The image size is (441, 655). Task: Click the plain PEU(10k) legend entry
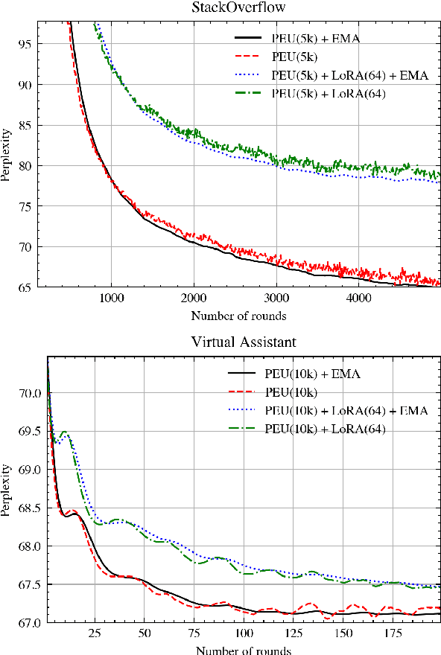(x=292, y=392)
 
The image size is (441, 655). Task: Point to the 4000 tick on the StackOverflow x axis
(x=359, y=300)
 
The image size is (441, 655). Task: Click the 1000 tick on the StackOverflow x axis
(x=112, y=300)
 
